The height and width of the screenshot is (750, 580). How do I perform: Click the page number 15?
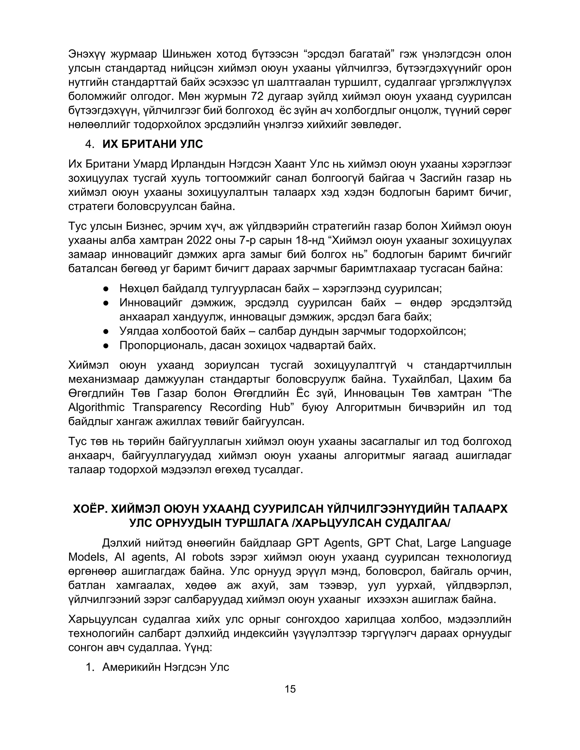coord(290,689)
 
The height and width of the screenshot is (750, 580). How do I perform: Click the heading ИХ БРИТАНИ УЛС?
coord(153,144)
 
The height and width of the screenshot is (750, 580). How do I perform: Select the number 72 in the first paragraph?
coord(257,97)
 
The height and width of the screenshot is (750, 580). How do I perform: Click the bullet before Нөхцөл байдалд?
coord(106,289)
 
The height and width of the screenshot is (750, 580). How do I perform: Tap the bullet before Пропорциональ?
coord(106,346)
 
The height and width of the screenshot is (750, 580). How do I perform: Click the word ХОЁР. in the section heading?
coord(88,509)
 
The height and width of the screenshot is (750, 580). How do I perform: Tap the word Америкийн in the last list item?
coord(132,667)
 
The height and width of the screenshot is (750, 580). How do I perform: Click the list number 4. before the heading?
coord(90,144)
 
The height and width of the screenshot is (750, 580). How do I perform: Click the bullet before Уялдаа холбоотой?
coord(106,331)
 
